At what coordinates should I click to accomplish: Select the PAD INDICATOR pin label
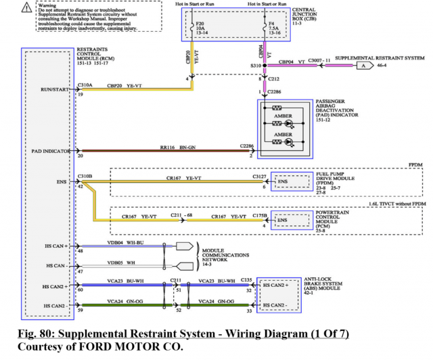point(51,152)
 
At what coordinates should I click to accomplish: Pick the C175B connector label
point(260,216)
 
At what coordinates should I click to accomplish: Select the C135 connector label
point(246,279)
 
